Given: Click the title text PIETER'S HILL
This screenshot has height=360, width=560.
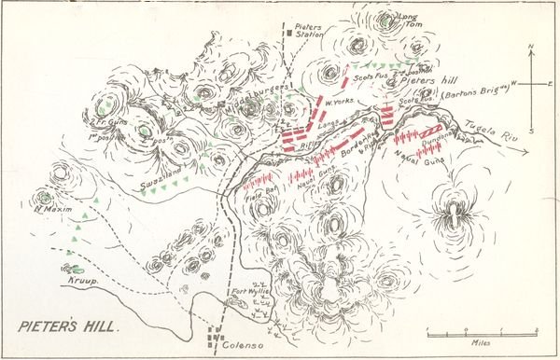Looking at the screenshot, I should pos(64,326).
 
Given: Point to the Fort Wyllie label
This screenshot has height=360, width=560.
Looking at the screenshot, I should pos(251,289).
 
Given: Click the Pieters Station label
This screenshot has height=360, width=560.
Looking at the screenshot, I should pos(310,34).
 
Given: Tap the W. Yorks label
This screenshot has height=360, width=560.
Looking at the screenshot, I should pos(337,102).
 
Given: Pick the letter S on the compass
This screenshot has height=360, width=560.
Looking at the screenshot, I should pos(530,130).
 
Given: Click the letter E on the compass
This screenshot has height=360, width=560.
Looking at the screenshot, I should pos(549,84).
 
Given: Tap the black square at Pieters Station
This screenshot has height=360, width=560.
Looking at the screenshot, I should pos(290,34).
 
